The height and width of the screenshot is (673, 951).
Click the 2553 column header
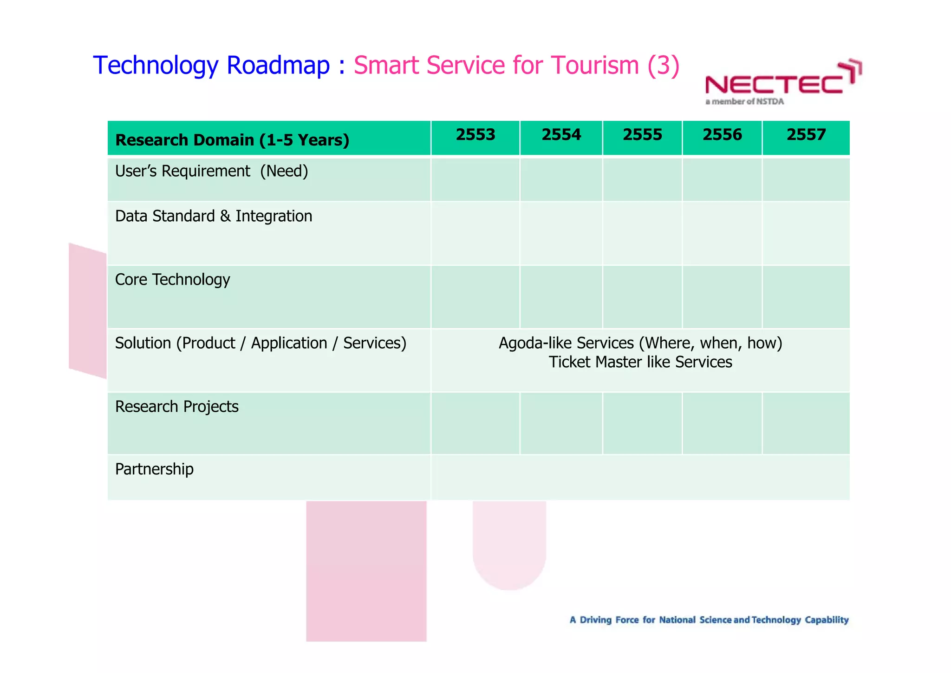[475, 135]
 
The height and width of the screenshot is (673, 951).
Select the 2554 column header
[561, 135]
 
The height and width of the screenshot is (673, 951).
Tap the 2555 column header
[642, 135]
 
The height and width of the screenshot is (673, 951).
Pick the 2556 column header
[722, 135]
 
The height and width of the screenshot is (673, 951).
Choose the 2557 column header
[806, 135]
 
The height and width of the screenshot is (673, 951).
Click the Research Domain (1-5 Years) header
[232, 140]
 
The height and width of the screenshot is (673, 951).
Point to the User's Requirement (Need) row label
[211, 172]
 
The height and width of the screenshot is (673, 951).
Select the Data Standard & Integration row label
[214, 216]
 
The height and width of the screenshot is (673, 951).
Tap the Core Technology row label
[172, 279]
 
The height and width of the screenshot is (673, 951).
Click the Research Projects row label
[176, 407]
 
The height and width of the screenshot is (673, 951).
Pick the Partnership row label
[154, 469]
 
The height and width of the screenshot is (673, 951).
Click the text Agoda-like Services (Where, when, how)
[640, 343]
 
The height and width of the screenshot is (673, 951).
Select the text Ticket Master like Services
[640, 362]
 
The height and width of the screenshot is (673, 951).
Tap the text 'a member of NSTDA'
[744, 102]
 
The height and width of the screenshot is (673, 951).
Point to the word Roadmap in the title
[278, 65]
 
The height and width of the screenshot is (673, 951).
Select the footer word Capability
[827, 620]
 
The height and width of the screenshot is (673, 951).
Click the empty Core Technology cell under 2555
[642, 297]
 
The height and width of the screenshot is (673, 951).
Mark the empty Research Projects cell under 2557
[806, 423]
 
